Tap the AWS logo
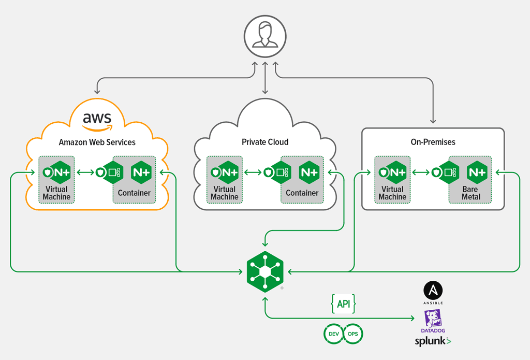(97, 120)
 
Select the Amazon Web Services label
(97, 142)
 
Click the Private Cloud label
(265, 142)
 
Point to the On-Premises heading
(432, 141)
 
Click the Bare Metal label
(471, 193)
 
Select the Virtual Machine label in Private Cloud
(224, 193)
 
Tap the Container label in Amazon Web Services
(134, 193)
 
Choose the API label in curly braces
(343, 304)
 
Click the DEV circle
(333, 334)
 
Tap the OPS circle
(353, 334)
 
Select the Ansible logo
(433, 291)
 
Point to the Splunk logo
(433, 341)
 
